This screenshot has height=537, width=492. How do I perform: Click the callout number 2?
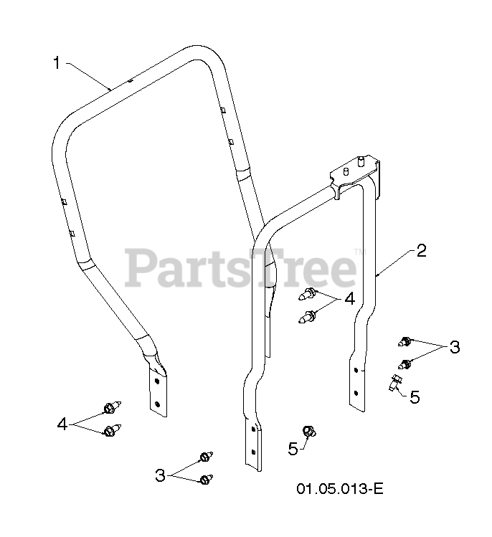tap(421, 251)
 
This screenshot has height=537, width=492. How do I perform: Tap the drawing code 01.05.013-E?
tap(340, 489)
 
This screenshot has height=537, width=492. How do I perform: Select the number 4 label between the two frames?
tap(349, 299)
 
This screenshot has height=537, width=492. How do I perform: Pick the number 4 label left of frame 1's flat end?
tap(62, 424)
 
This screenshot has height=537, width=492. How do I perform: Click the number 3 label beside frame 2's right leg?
tap(454, 348)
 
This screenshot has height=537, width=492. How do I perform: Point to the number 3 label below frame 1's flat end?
tap(160, 474)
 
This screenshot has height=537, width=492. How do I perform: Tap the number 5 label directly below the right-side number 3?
tap(415, 396)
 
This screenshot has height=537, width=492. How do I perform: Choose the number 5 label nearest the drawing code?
tap(293, 450)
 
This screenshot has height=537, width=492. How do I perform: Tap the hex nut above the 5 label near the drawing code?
tap(310, 431)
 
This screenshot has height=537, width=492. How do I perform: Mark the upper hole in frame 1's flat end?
tap(155, 381)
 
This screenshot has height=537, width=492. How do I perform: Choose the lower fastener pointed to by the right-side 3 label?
tap(406, 363)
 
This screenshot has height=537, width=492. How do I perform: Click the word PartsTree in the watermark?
tap(240, 267)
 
